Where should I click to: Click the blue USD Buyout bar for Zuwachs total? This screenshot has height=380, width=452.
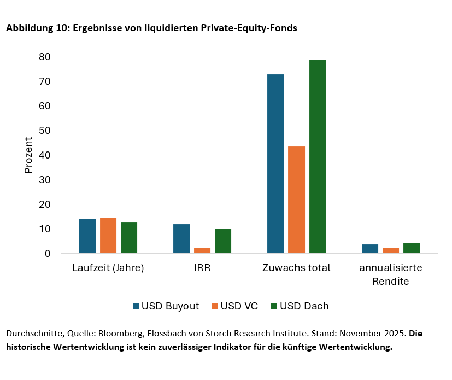(275, 164)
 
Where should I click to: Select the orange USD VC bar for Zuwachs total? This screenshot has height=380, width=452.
(296, 200)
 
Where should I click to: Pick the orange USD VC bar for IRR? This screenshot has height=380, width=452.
(202, 250)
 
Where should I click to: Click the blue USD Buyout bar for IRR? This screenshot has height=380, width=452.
(181, 239)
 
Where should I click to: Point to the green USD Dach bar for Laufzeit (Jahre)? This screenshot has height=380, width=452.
(129, 238)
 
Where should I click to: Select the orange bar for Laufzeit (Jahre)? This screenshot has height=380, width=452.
(108, 236)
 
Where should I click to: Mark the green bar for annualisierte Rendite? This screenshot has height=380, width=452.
(412, 248)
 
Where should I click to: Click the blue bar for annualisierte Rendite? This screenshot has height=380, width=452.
(370, 249)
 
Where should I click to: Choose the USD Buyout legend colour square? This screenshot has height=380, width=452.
(136, 306)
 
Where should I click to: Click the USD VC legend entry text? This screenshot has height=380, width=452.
(239, 306)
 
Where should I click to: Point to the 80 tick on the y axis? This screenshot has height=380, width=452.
(45, 57)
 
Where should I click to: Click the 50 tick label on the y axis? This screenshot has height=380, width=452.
(45, 131)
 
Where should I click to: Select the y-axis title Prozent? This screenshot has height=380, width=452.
(29, 155)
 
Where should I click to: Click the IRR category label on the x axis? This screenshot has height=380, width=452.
(202, 268)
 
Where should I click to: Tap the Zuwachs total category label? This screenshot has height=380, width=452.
(296, 268)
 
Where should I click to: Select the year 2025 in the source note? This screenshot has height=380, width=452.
(396, 333)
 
